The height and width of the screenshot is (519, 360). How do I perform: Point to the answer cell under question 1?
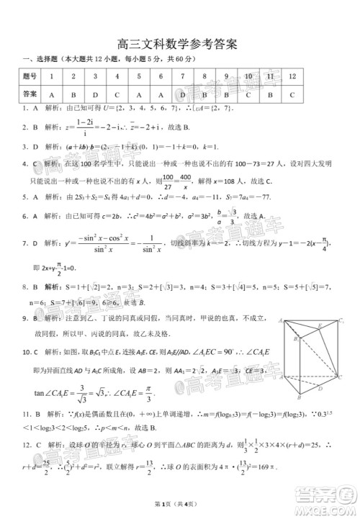tap(52, 94)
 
